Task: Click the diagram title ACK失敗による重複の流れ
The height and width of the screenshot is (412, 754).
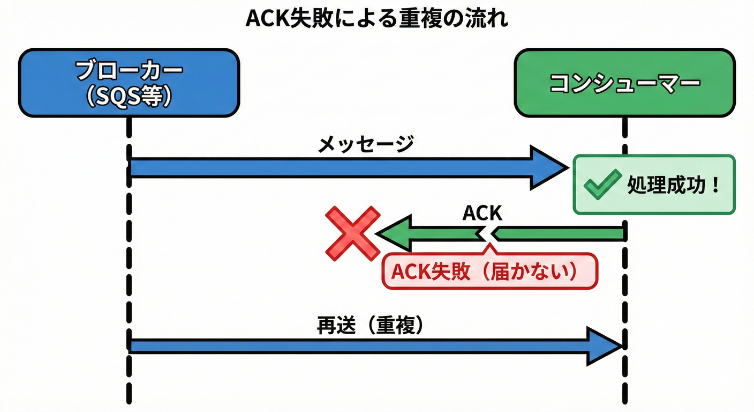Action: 376,18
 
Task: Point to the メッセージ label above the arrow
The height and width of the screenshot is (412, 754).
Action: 366,144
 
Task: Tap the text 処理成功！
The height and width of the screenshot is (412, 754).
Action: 674,186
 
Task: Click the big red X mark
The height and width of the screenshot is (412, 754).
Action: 353,234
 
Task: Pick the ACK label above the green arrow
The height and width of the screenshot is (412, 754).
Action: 482,213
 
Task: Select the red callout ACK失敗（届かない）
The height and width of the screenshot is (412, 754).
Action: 489,271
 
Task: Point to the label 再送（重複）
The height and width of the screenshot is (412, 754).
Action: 370,326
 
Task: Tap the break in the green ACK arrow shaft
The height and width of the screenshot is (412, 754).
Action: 487,234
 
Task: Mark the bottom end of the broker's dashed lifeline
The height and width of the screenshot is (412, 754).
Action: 129,400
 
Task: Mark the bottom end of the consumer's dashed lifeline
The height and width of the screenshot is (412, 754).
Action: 624,400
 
